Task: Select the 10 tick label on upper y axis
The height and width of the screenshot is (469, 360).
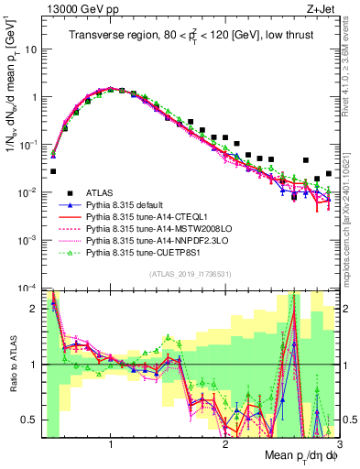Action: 30,49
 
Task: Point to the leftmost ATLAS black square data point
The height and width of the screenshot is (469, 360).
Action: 53,171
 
